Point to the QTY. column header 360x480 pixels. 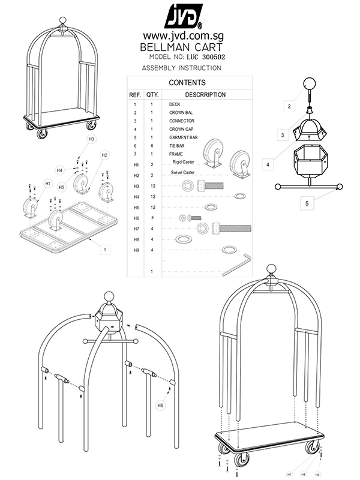[152, 95]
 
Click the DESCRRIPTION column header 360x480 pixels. [205, 95]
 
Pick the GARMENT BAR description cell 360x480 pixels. [184, 137]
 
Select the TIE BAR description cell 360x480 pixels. [177, 146]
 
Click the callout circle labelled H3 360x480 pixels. [91, 139]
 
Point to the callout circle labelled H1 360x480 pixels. [48, 182]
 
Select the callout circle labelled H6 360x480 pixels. [161, 405]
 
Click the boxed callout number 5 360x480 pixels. [307, 203]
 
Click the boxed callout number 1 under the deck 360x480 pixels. [105, 249]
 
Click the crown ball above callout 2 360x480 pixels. [310, 84]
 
